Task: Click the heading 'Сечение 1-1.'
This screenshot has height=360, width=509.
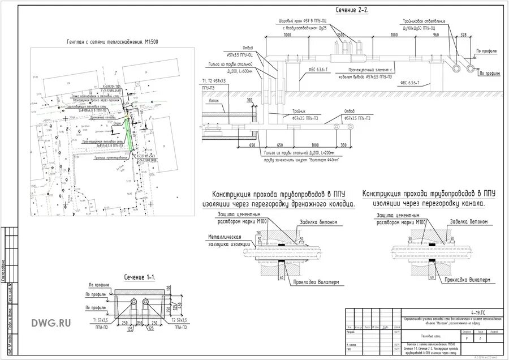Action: [140, 276]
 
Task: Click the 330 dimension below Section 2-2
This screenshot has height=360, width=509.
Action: [351, 144]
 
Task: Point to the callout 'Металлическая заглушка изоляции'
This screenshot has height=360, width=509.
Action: [225, 240]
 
